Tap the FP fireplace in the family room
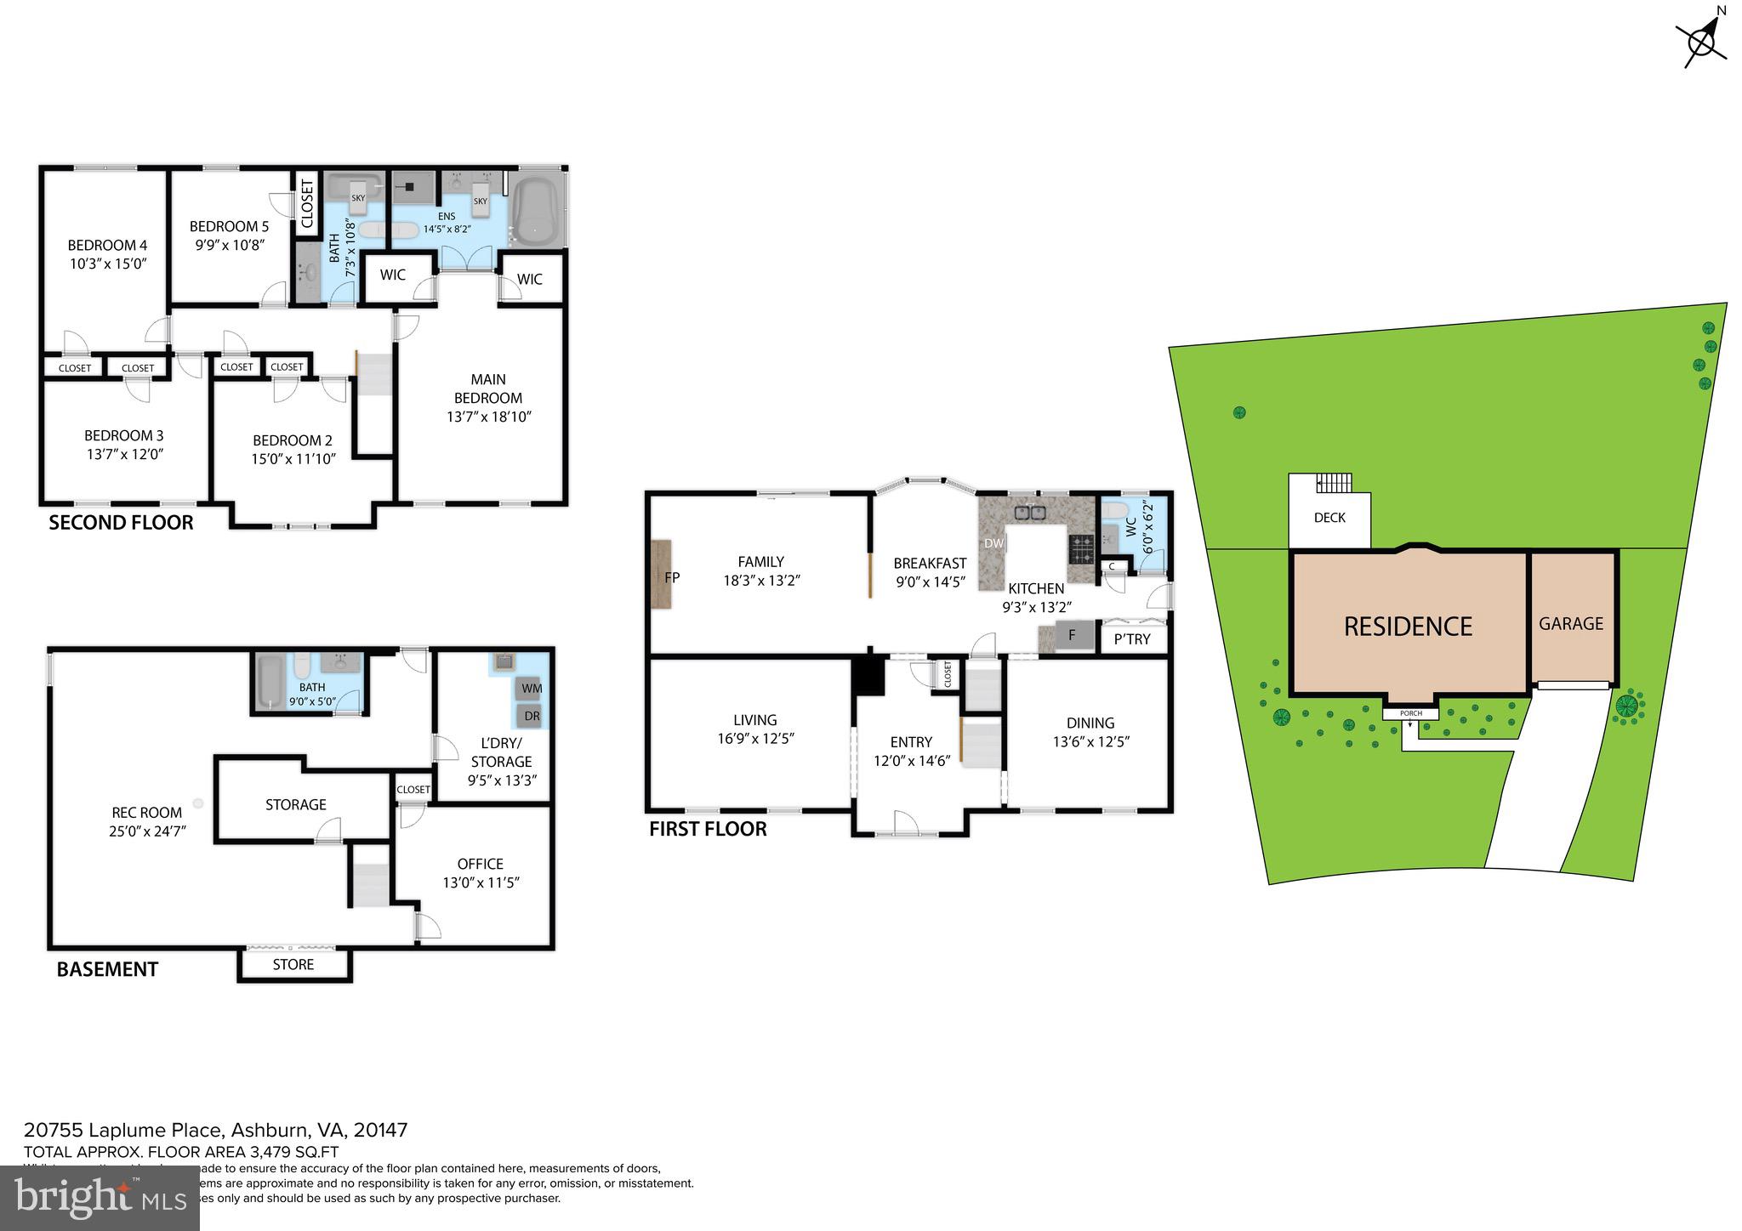point(662,575)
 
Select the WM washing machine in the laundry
point(532,688)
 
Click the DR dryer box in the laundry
point(532,716)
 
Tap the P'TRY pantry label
point(1132,639)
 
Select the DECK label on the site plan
point(1329,518)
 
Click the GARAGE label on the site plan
point(1571,624)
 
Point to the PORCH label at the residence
point(1410,713)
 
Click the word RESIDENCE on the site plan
point(1408,627)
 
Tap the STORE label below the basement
point(293,965)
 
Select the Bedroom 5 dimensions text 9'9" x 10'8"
point(230,245)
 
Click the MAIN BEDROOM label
point(488,389)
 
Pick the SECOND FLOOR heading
point(121,523)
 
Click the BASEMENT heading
point(107,969)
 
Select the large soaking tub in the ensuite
point(534,209)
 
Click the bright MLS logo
point(100,1198)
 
